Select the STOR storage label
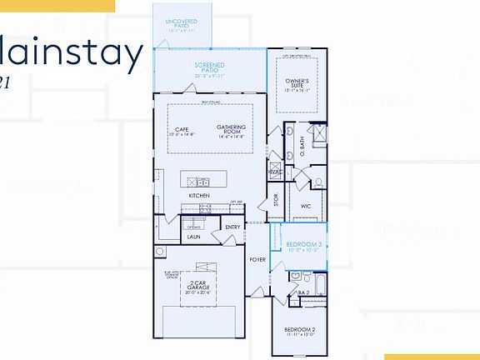tap(276, 199)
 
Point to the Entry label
tap(232, 227)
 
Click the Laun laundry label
tap(193, 237)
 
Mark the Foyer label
tap(257, 259)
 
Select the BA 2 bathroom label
tap(304, 292)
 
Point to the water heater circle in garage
tap(159, 251)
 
